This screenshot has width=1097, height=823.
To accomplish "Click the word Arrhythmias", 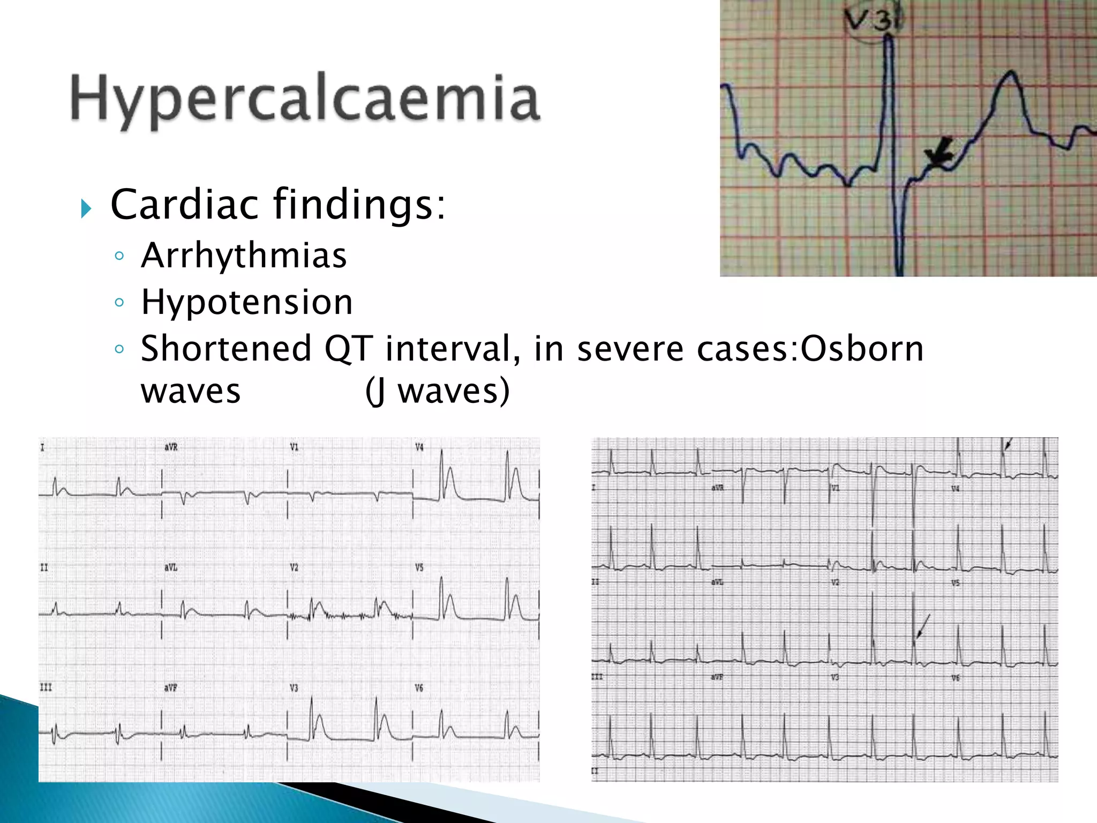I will pos(244,256).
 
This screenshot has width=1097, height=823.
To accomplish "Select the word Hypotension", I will pos(247,302).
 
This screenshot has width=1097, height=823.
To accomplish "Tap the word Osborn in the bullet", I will pos(862,349).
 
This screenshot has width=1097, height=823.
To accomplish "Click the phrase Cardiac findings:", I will pos(277,204).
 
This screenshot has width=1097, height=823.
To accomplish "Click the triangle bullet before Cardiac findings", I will pos(86,208).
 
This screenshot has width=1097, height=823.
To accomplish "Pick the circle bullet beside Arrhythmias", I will pos(119,256).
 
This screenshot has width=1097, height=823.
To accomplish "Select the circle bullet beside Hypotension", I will pos(119,303).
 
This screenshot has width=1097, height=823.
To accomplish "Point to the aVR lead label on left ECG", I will pos(171,447).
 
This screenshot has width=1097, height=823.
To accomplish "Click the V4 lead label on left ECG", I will pos(419,447).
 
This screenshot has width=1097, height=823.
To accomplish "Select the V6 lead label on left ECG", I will pos(419,687).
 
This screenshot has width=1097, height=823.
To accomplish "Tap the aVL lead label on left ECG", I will pos(171,567).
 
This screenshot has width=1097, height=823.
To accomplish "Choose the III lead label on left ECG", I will pos(46,687).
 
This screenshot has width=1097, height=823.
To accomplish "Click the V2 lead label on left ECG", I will pos(294,567).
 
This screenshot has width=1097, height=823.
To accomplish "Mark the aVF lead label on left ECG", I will pos(171,687).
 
